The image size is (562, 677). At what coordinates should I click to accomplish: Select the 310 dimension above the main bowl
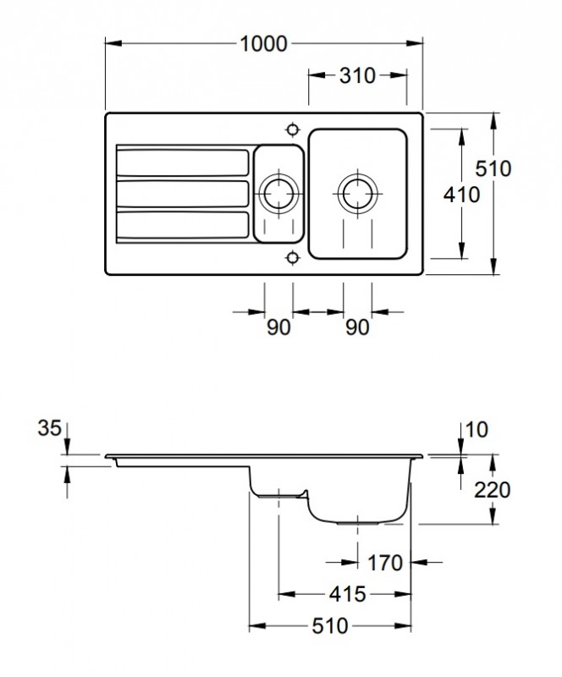tap(356, 76)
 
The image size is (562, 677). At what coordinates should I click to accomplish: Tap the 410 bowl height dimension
tap(462, 194)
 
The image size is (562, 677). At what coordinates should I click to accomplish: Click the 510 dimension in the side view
tap(329, 627)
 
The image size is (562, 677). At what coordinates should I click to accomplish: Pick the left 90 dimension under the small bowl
tap(278, 327)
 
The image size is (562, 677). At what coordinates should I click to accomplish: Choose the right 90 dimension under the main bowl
tap(357, 327)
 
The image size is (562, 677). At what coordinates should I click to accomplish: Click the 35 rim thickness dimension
tap(50, 429)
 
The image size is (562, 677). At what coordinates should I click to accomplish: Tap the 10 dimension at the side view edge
tap(478, 429)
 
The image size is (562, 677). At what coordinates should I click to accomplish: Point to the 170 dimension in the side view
tap(386, 563)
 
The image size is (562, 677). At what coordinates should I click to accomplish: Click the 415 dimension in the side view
tap(345, 595)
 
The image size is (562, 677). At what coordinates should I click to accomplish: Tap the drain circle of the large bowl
tap(356, 192)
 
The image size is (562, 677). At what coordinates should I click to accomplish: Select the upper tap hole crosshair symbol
tap(293, 129)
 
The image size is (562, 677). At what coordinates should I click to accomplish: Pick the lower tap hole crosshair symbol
tap(293, 256)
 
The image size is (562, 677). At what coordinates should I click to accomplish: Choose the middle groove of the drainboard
tap(182, 193)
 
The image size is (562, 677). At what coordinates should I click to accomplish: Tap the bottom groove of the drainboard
tap(182, 224)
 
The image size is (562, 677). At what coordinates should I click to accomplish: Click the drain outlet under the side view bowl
tap(355, 522)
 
